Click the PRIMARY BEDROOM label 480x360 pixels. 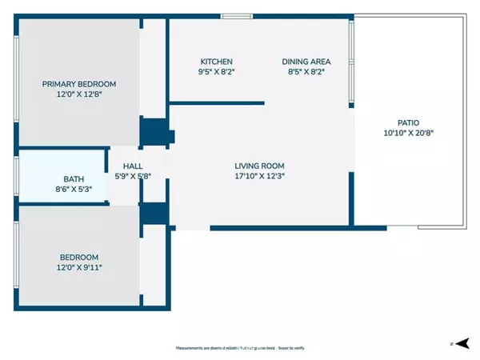point(79,84)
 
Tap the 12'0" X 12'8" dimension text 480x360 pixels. point(79,94)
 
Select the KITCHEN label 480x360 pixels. point(216,62)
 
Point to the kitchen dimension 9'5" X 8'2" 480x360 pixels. point(216,72)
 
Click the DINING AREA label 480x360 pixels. point(306,62)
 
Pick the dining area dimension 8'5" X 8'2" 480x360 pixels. point(306,72)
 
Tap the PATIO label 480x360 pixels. point(409,123)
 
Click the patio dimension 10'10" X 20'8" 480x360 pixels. point(409,134)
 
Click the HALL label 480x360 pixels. point(133,166)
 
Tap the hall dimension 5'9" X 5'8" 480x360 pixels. point(133,176)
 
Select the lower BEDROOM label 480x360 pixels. point(79,257)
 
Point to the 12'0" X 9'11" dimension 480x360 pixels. point(79,267)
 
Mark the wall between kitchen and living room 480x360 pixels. point(216,102)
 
